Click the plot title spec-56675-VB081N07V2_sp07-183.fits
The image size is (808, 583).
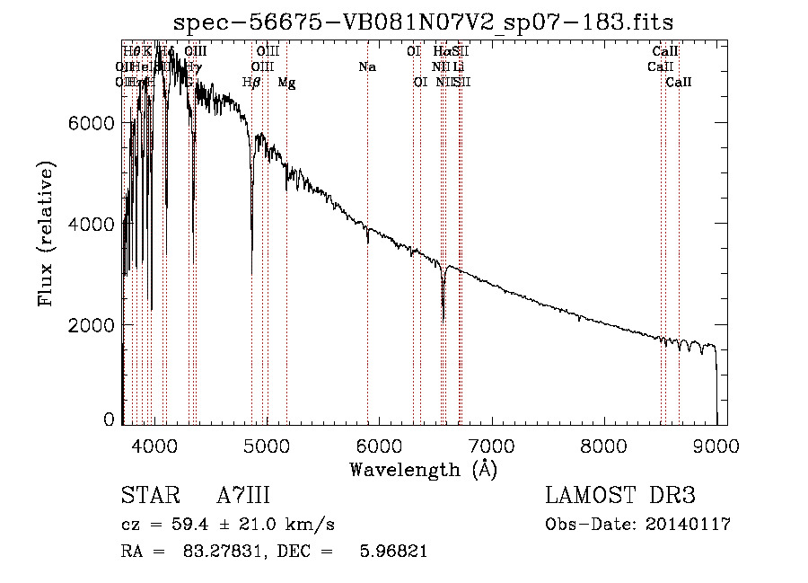click(x=424, y=21)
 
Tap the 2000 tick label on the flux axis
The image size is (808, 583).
click(x=92, y=325)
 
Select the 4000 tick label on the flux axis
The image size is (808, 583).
click(x=92, y=224)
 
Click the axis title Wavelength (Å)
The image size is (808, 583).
click(x=423, y=469)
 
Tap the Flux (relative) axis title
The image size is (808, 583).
click(x=46, y=234)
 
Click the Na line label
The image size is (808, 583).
click(x=366, y=66)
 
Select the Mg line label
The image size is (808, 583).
click(x=286, y=83)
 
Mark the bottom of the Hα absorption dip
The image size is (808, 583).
click(x=444, y=319)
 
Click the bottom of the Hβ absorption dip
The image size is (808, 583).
click(x=251, y=273)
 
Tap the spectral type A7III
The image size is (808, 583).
click(x=243, y=496)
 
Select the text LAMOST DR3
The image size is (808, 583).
click(x=620, y=496)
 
